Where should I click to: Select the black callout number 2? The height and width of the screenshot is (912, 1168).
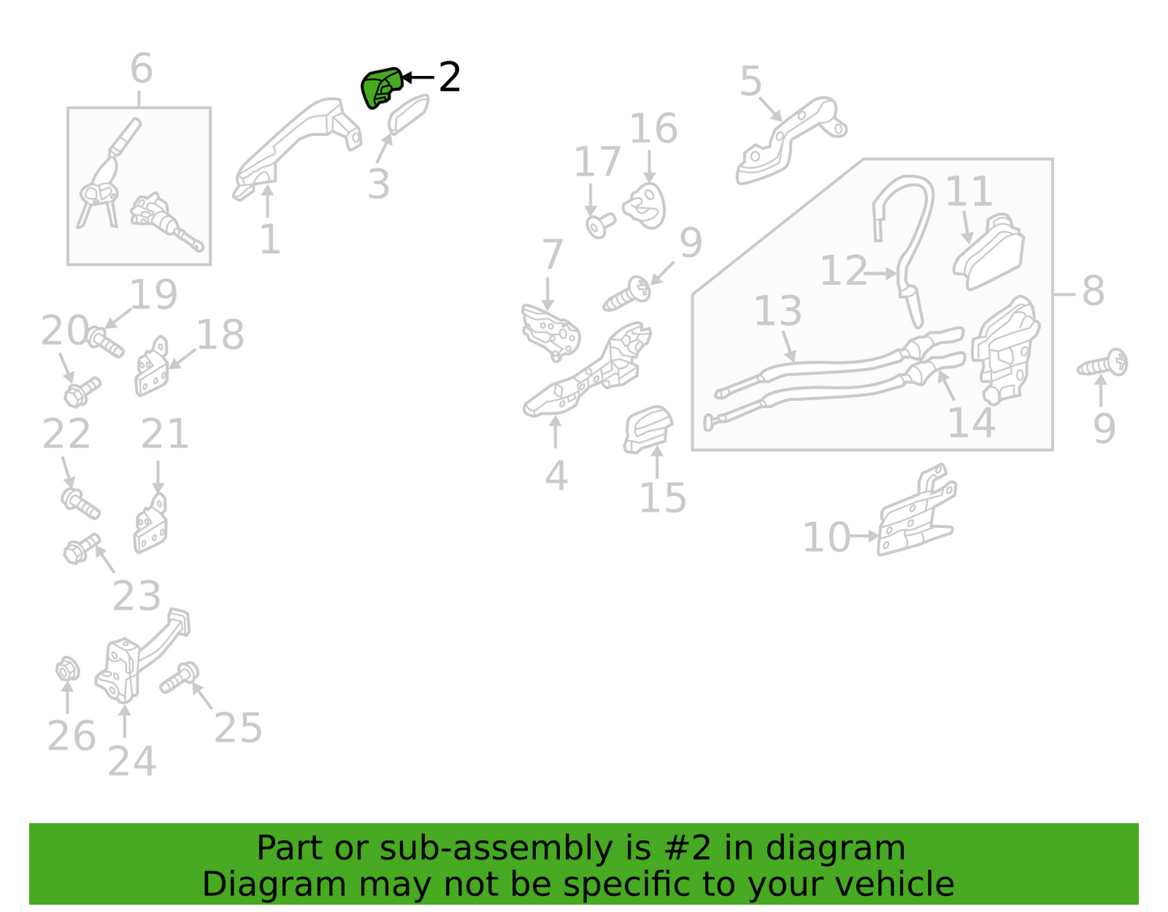[x=449, y=77]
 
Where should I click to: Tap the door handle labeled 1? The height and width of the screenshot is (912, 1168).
[x=296, y=148]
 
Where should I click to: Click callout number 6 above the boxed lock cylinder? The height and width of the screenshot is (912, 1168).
[x=141, y=68]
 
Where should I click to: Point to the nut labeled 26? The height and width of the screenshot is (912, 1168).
[x=68, y=670]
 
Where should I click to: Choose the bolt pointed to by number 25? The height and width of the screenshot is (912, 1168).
[x=179, y=678]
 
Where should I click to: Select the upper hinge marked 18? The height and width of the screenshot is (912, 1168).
[x=151, y=366]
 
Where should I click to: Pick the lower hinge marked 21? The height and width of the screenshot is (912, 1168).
[x=150, y=523]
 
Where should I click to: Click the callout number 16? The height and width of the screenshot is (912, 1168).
[x=653, y=129]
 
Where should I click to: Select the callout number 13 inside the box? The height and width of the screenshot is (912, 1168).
[x=778, y=310]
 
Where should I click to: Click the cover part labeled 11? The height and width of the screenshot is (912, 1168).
[x=988, y=251]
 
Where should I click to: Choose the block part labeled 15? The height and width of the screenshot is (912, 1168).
[x=647, y=430]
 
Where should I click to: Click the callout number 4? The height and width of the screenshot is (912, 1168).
[x=556, y=475]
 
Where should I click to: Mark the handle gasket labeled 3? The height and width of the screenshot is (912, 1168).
[x=408, y=115]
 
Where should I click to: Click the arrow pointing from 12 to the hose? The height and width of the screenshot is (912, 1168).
[x=881, y=273]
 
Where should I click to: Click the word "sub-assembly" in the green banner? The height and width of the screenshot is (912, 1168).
[x=495, y=848]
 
